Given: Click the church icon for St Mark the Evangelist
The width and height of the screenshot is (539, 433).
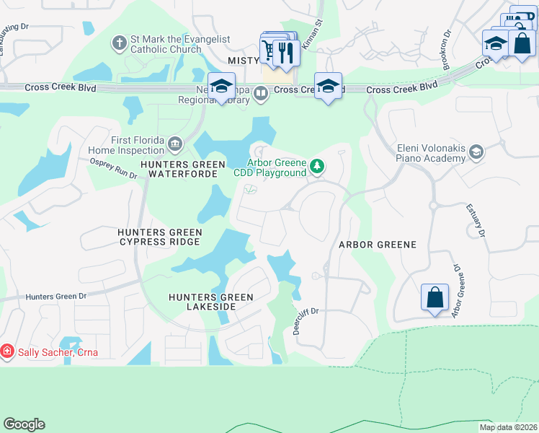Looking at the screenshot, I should click(x=120, y=43).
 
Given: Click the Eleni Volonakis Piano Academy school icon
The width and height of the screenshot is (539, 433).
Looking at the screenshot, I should click(x=476, y=152).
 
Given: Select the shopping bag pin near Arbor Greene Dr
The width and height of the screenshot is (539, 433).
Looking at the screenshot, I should click(x=435, y=297).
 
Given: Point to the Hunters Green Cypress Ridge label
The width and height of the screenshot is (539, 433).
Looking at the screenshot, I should click(x=159, y=237).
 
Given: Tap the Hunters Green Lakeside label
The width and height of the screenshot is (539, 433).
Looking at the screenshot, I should click(x=211, y=302).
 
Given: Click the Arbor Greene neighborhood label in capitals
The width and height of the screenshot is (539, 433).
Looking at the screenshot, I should click(x=378, y=245).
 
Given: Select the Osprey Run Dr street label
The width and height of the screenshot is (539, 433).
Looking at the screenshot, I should click(x=112, y=168).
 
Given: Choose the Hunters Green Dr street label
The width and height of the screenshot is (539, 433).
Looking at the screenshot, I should click(x=55, y=296).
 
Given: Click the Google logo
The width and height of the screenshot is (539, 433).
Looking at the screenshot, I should click(x=24, y=424).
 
